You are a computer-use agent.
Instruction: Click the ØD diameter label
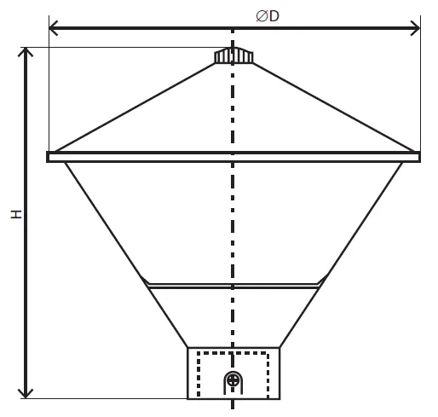coord(268,16)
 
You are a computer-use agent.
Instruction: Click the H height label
coord(16,214)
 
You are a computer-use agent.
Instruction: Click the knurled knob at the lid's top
coord(233,55)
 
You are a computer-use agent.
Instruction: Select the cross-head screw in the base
coord(233,380)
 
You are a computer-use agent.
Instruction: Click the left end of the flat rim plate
coord(48,157)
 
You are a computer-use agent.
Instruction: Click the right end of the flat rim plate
coord(419,157)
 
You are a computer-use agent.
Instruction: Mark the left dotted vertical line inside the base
coord(199,374)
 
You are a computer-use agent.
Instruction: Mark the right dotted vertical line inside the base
coord(268,375)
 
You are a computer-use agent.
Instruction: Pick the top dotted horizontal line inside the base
coord(233,353)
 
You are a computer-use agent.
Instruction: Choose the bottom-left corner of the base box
coord(187,399)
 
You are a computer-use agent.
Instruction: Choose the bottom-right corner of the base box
coord(280,399)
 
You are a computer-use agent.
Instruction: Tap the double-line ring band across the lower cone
coord(233,286)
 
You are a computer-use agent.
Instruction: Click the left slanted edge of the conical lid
coord(135,107)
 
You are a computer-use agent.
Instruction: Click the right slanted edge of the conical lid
coord(333,107)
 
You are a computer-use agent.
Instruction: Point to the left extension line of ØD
coord(49,84)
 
